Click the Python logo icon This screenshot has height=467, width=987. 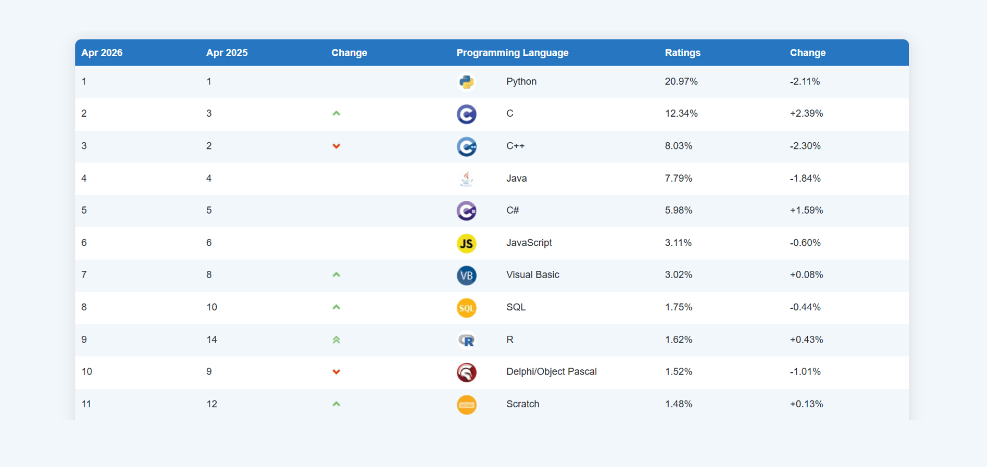coord(466,82)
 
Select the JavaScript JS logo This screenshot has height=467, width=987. coord(466,243)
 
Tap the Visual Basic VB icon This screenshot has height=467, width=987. coord(466,276)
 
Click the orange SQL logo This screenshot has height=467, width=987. coord(466,308)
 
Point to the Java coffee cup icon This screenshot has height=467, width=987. coord(466,179)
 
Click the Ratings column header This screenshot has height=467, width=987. coord(683,53)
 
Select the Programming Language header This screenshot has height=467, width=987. coord(512,53)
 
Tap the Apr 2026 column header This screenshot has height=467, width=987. coord(102,53)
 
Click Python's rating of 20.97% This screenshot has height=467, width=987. coord(681,81)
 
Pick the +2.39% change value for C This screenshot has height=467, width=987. coord(806,114)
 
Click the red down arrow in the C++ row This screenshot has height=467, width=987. coord(336,146)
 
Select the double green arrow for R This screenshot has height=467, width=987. coord(336,340)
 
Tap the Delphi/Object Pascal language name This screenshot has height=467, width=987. coord(551,372)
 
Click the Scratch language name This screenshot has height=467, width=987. coord(523,404)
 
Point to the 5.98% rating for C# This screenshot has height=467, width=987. coord(678,211)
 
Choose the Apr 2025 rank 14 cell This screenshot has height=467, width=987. coord(211,340)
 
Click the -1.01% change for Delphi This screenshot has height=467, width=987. coord(805,372)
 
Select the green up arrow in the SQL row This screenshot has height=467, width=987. coord(336,307)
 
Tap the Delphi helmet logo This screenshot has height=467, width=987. coord(466,373)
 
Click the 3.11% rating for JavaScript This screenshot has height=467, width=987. coord(678,243)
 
